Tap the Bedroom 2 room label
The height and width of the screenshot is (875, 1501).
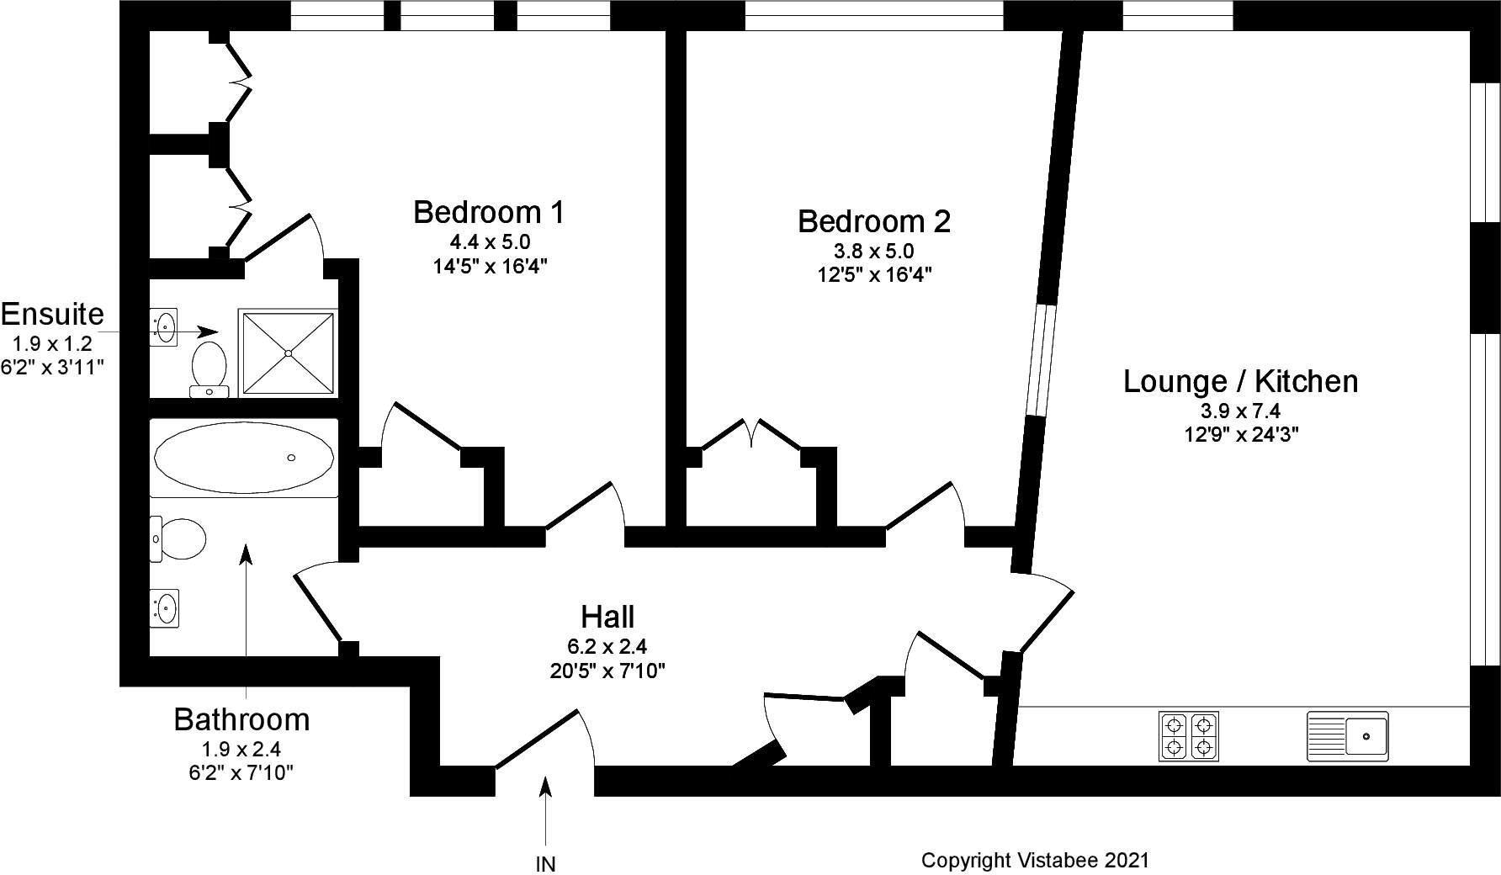click(x=873, y=221)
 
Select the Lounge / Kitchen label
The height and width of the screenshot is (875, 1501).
click(x=1240, y=381)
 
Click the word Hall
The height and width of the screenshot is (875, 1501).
click(x=607, y=617)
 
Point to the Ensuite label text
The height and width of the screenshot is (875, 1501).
click(x=52, y=314)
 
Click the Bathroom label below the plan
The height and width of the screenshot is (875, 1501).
click(x=241, y=719)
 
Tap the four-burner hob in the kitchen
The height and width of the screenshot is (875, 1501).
click(x=1189, y=736)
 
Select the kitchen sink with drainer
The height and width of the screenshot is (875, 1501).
click(x=1347, y=736)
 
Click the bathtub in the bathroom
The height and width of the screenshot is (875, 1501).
click(x=243, y=458)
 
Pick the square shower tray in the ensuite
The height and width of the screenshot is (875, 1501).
click(x=288, y=353)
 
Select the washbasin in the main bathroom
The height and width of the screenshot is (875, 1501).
click(x=165, y=607)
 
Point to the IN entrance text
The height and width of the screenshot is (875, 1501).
click(x=545, y=864)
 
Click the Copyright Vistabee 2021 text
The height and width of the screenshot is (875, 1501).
click(x=1034, y=860)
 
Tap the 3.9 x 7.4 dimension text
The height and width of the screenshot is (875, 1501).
click(x=1240, y=411)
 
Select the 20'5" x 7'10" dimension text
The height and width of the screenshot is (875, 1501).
click(x=607, y=671)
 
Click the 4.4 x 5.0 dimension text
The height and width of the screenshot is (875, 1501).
click(x=490, y=242)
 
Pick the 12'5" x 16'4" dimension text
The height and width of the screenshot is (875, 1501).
click(x=873, y=274)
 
